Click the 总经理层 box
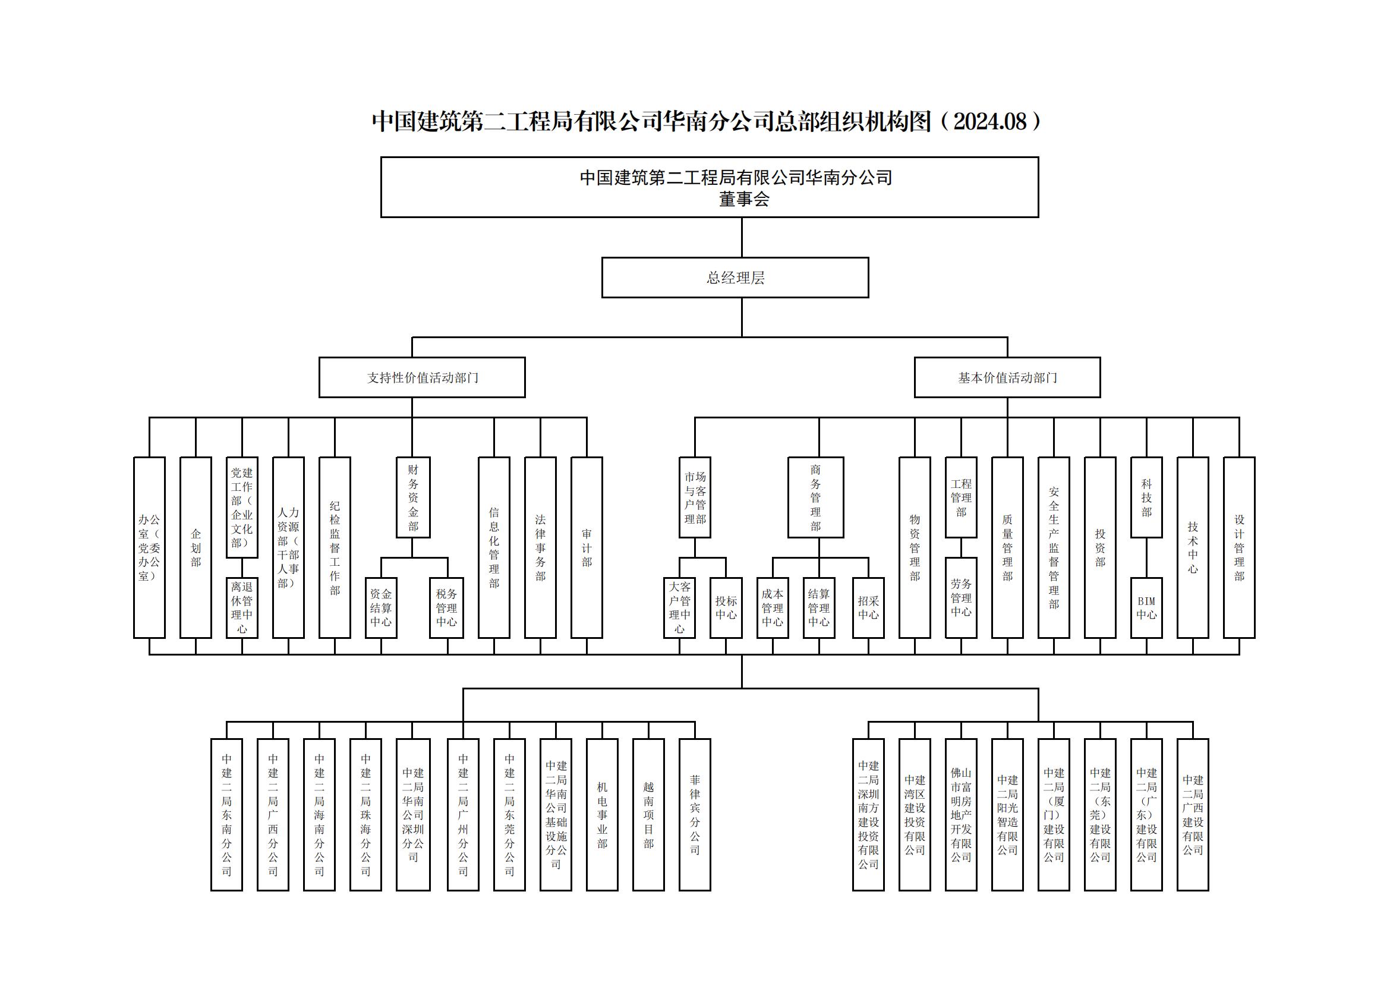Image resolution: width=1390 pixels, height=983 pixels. point(735,277)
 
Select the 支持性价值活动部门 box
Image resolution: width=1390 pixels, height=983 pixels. point(422,377)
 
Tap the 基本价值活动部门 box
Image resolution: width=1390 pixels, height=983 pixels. point(1007,377)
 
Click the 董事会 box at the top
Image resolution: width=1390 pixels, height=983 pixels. point(710,187)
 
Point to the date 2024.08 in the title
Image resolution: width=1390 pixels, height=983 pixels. point(991,122)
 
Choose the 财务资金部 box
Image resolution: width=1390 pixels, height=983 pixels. point(413,497)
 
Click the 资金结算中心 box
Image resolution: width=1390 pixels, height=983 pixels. point(381,608)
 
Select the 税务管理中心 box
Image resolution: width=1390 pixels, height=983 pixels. point(447,608)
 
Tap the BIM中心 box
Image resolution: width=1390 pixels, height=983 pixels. point(1146,608)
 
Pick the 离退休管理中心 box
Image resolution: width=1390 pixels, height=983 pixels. point(241,608)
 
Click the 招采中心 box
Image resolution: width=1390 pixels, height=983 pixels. point(868,608)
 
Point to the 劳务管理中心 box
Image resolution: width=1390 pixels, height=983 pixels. point(962,597)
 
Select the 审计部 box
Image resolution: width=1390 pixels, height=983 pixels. point(587,547)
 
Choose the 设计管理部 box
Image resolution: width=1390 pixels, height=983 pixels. point(1239,547)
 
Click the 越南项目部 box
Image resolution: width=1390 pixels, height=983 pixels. point(648,815)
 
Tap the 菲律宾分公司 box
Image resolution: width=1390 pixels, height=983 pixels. point(695,815)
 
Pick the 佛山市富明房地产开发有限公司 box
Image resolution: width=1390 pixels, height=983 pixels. point(962,815)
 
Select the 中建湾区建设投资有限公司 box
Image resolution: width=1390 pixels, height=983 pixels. point(915,815)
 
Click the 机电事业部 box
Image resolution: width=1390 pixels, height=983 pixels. point(603,815)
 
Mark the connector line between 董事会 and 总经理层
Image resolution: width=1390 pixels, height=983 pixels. point(742,237)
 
